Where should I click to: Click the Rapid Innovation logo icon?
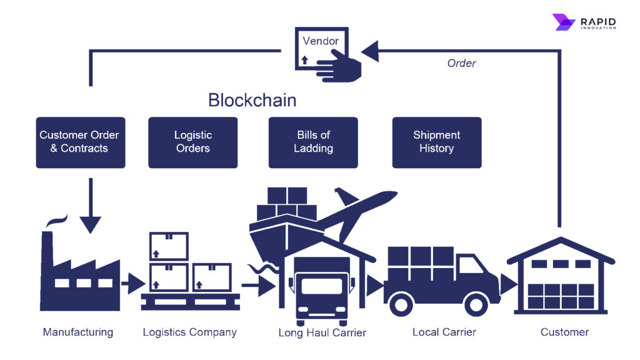(563, 22)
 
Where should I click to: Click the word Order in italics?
(461, 63)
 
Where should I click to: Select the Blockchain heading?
(252, 100)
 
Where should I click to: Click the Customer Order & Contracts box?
(80, 142)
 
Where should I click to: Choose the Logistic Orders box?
(192, 142)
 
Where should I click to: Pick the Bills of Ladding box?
(313, 142)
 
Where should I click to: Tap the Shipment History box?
(436, 142)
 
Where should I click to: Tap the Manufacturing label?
(78, 332)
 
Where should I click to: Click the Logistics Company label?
(189, 332)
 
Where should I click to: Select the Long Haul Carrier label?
(322, 332)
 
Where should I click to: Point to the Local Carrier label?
(444, 332)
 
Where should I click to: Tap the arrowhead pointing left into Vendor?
(370, 51)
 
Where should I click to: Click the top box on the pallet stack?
(168, 246)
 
